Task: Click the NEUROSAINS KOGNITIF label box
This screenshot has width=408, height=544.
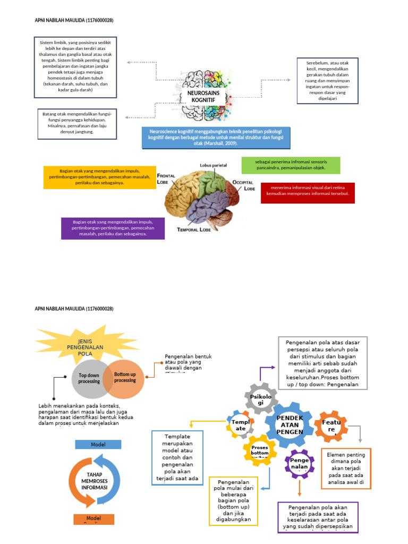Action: (x=203, y=97)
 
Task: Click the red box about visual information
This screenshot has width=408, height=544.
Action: (x=308, y=193)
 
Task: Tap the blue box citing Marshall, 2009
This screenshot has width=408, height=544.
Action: (x=216, y=137)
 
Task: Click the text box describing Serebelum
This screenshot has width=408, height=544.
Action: (x=328, y=80)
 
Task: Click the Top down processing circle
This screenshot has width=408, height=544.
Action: (x=89, y=378)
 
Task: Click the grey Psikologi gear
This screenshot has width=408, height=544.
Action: (x=260, y=400)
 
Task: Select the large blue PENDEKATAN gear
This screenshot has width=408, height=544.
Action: (x=290, y=424)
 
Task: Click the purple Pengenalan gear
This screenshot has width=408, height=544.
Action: (x=300, y=463)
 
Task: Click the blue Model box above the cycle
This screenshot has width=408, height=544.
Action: (x=98, y=445)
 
